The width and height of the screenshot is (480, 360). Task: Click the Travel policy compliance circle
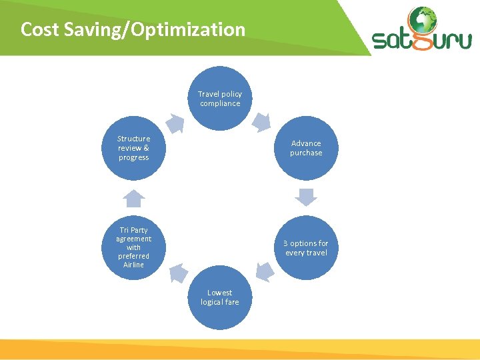(220, 99)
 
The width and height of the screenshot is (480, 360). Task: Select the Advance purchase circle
(306, 148)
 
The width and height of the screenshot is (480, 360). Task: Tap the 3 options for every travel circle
(306, 248)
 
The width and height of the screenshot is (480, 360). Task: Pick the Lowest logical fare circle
(220, 297)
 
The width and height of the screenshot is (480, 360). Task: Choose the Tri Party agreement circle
(134, 247)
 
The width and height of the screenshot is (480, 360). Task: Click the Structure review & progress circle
(134, 148)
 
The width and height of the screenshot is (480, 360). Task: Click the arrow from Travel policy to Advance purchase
(261, 123)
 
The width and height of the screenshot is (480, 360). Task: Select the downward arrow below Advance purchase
(306, 197)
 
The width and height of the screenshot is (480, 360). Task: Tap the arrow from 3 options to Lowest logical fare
(265, 271)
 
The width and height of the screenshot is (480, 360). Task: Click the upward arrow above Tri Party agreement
(134, 198)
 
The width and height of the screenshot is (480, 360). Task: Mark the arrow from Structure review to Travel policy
(175, 123)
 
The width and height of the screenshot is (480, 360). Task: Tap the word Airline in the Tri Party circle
(133, 265)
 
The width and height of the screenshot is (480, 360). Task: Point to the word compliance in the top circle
(220, 103)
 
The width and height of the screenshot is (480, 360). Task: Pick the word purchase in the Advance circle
(306, 153)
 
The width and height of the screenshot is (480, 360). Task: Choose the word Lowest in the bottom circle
(220, 293)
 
